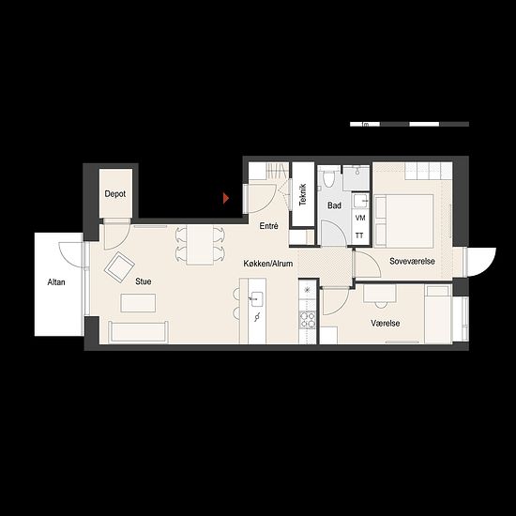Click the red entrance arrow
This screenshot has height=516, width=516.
click(x=226, y=198)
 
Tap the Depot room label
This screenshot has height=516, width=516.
click(x=115, y=194)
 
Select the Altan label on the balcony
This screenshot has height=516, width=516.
click(x=56, y=282)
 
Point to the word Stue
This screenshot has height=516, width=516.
click(x=144, y=281)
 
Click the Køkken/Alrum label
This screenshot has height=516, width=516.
click(x=268, y=264)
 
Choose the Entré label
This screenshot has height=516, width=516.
click(x=269, y=226)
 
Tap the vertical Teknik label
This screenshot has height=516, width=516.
click(x=303, y=195)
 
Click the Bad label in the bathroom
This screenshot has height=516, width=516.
click(x=334, y=205)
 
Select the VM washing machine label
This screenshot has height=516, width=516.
click(x=360, y=218)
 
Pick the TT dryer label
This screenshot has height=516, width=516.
click(x=359, y=235)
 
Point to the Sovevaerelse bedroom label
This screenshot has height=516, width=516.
click(x=412, y=262)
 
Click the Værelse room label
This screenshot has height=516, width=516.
click(x=386, y=323)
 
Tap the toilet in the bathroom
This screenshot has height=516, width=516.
click(x=328, y=176)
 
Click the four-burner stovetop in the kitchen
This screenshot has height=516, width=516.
click(x=307, y=319)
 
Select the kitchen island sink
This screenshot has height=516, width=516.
click(x=256, y=298)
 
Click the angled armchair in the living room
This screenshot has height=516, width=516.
click(x=119, y=267)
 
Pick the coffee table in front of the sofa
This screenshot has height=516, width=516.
click(x=138, y=303)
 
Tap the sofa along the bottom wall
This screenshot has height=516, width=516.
click(x=138, y=332)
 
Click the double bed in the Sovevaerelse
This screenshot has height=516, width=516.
click(x=403, y=220)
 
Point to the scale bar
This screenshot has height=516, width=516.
click(x=409, y=124)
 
